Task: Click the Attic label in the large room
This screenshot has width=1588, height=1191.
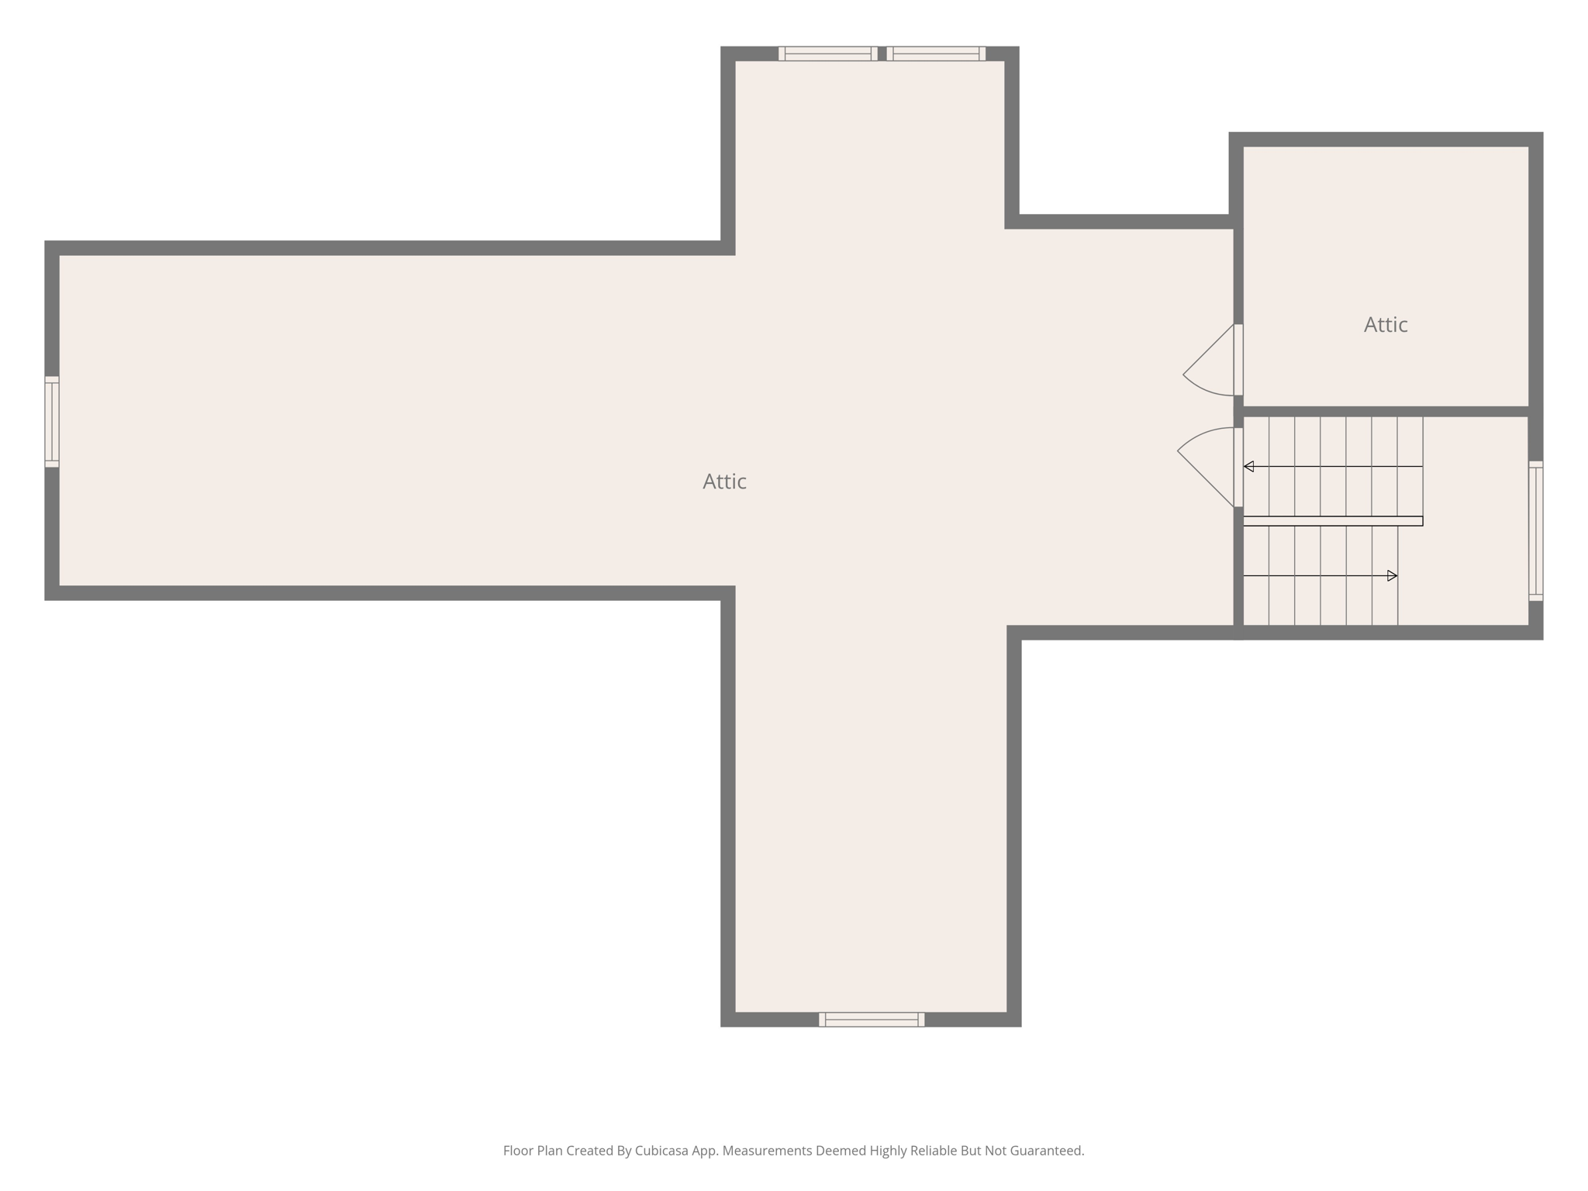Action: pos(724,482)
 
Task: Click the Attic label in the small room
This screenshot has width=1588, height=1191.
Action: pos(1385,325)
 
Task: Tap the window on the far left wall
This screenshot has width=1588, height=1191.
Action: pos(52,422)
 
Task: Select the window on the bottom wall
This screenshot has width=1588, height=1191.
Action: pos(872,1020)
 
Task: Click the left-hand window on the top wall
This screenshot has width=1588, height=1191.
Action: pos(828,54)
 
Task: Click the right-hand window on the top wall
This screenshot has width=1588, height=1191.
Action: pos(936,54)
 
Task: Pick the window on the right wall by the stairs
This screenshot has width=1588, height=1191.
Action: pos(1535,531)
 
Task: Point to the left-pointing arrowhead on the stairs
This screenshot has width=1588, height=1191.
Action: pos(1248,467)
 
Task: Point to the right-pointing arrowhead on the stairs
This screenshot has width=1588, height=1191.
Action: pos(1392,576)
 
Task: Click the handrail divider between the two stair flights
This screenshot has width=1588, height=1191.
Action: pos(1332,521)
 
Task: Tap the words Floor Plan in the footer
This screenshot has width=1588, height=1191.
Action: pos(533,1151)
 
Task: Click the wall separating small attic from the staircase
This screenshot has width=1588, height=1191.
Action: pos(1385,411)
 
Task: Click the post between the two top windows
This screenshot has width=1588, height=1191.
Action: pos(882,54)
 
